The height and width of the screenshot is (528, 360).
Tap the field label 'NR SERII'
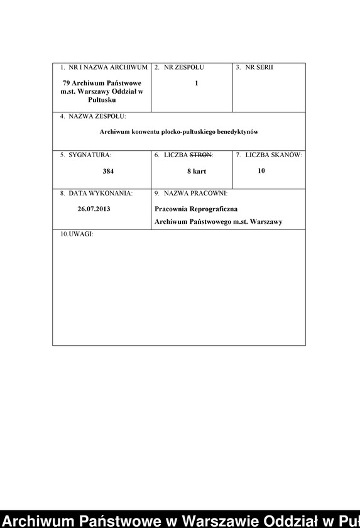259,67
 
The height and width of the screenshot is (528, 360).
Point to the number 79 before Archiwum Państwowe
67,83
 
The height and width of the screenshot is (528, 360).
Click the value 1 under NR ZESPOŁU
197,83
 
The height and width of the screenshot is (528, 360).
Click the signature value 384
108,171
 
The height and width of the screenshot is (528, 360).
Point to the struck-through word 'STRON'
200,155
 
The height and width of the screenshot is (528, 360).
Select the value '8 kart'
197,171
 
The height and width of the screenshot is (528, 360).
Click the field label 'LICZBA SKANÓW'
273,155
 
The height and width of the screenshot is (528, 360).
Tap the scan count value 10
261,170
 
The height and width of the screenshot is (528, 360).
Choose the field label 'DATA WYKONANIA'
101,194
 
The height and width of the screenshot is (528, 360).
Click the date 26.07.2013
94,209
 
